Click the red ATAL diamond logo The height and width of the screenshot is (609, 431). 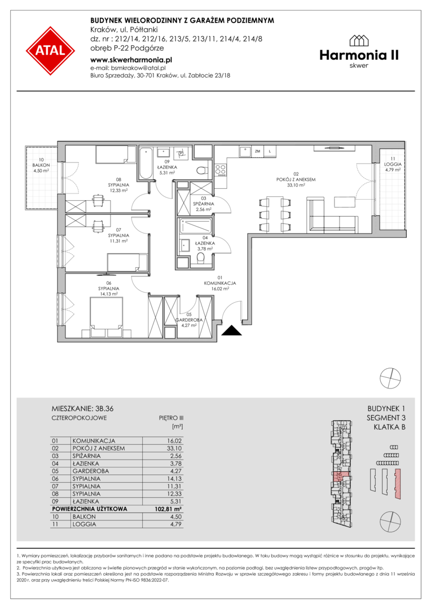point(50,51)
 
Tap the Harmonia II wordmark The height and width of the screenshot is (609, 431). point(359,55)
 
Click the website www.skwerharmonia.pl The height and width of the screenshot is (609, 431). point(131,60)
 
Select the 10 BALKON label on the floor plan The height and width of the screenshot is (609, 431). point(41,165)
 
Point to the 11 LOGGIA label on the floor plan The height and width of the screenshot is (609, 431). point(393,164)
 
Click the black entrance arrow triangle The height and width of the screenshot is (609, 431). point(232,330)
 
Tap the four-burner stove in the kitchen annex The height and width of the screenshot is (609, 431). point(221,170)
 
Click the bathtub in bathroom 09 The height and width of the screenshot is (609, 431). point(146,163)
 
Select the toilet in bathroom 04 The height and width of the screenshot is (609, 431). point(201,258)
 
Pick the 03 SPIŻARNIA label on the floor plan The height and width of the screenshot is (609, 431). point(204,204)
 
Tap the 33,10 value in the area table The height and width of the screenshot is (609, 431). point(174,448)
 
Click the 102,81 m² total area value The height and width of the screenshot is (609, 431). point(168,509)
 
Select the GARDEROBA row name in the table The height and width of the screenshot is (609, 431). point(91,471)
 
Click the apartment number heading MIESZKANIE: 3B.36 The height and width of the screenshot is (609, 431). point(82,409)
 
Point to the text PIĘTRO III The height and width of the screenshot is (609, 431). point(171,418)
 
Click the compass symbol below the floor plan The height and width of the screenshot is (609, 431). point(390,377)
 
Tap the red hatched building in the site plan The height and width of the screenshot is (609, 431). point(397,484)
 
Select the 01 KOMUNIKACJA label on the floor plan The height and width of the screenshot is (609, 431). point(220,283)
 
